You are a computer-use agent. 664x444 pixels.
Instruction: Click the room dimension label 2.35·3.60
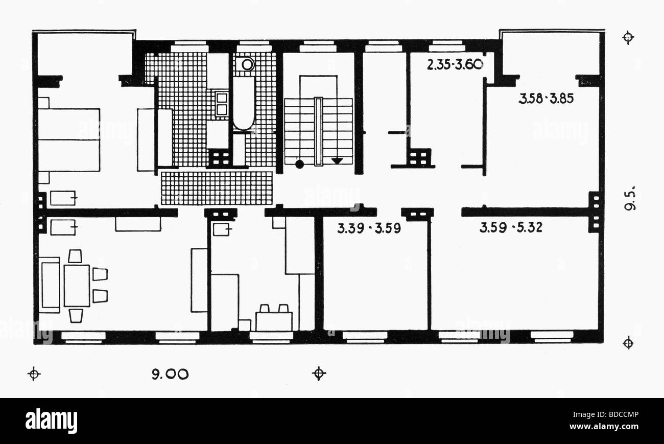click(455, 64)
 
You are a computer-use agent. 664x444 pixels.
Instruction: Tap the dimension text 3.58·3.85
click(546, 99)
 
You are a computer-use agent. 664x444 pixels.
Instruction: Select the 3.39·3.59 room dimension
click(369, 228)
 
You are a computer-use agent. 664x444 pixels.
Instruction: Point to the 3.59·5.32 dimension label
click(511, 227)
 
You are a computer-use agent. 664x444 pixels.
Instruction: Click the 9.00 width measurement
click(170, 375)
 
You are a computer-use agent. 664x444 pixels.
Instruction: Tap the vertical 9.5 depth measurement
click(630, 198)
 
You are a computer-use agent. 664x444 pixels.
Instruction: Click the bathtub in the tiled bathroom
click(244, 103)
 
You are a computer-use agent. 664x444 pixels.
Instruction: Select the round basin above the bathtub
click(247, 64)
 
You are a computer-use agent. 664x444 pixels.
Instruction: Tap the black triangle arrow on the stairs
click(337, 161)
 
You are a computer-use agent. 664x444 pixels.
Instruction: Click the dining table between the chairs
click(77, 286)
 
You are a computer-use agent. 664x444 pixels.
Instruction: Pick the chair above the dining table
click(75, 256)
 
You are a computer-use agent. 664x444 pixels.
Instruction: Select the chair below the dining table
click(76, 316)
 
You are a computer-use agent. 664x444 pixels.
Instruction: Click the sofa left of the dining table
click(50, 285)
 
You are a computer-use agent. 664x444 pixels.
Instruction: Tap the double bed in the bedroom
click(69, 139)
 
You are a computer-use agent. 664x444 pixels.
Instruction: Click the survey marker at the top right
click(628, 38)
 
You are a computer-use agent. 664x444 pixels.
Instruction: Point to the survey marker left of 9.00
click(34, 373)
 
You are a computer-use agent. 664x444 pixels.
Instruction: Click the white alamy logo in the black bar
click(51, 421)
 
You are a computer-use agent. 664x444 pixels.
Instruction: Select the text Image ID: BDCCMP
click(606, 414)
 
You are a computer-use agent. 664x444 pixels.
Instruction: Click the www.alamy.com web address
click(604, 427)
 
